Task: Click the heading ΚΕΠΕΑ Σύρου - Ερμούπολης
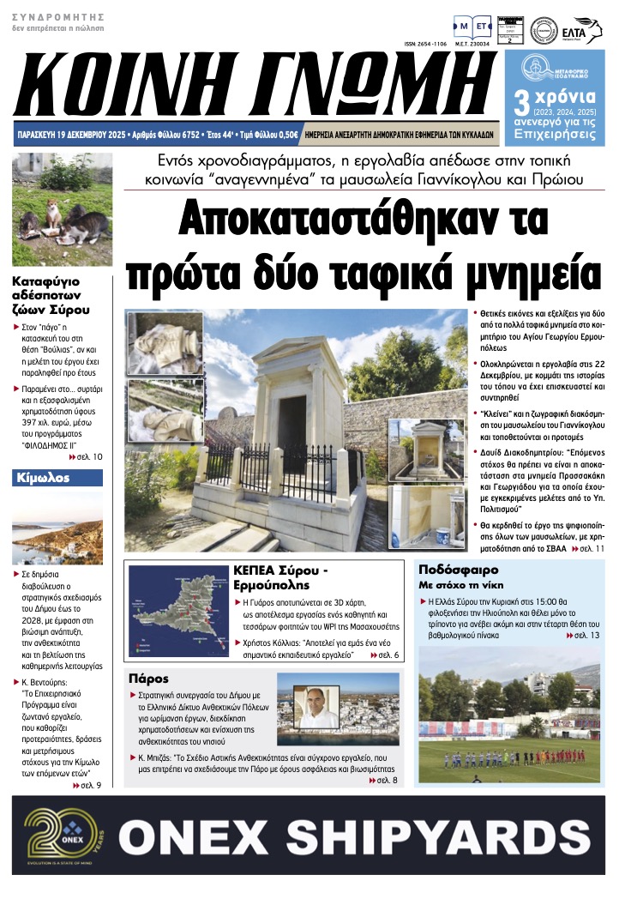284,576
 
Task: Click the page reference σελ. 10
88,457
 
